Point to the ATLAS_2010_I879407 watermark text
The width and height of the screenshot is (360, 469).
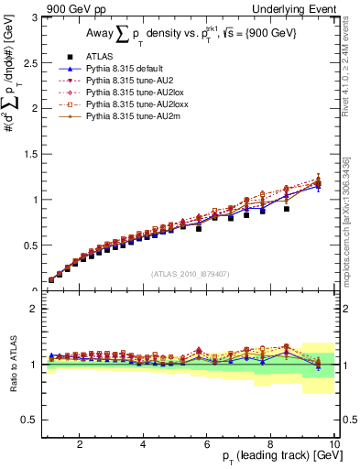[190, 272]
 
